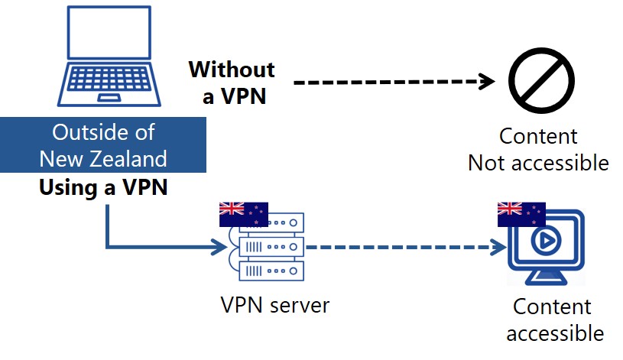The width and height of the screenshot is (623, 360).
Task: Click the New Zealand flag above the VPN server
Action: click(x=243, y=215)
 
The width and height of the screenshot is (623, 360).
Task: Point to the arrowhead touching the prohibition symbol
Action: click(x=489, y=81)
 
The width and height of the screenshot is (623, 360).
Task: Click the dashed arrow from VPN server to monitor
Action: click(x=405, y=247)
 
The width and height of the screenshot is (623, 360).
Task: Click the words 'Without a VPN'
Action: click(x=232, y=83)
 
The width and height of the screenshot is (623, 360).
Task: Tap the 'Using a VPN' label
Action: click(x=102, y=187)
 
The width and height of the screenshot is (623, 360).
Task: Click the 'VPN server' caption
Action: click(x=274, y=305)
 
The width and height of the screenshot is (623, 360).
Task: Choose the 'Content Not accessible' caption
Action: click(x=538, y=150)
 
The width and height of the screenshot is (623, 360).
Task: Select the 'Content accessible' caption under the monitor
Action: click(x=551, y=319)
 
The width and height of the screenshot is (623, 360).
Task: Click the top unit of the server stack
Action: click(x=271, y=222)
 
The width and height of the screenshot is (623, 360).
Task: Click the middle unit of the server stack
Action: click(x=271, y=247)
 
